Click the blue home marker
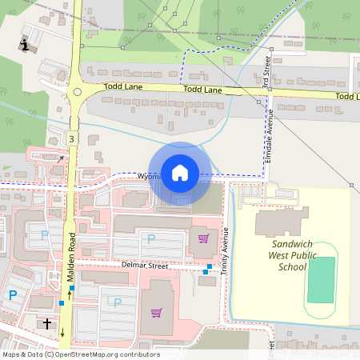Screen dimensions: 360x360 coord(180,173)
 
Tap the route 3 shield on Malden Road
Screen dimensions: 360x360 coord(72,139)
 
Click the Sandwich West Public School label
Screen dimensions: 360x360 coord(293,255)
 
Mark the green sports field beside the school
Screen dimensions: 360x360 coord(321,279)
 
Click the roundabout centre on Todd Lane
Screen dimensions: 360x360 coord(77,92)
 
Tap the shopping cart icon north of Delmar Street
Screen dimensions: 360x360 coord(203,237)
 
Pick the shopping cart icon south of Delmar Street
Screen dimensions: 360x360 coord(156,312)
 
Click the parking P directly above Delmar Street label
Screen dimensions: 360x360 coord(150,238)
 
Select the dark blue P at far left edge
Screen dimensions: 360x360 coord(12,295)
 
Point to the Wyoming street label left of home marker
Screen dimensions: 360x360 coord(149,176)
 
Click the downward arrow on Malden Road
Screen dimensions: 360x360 coord(62,331)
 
